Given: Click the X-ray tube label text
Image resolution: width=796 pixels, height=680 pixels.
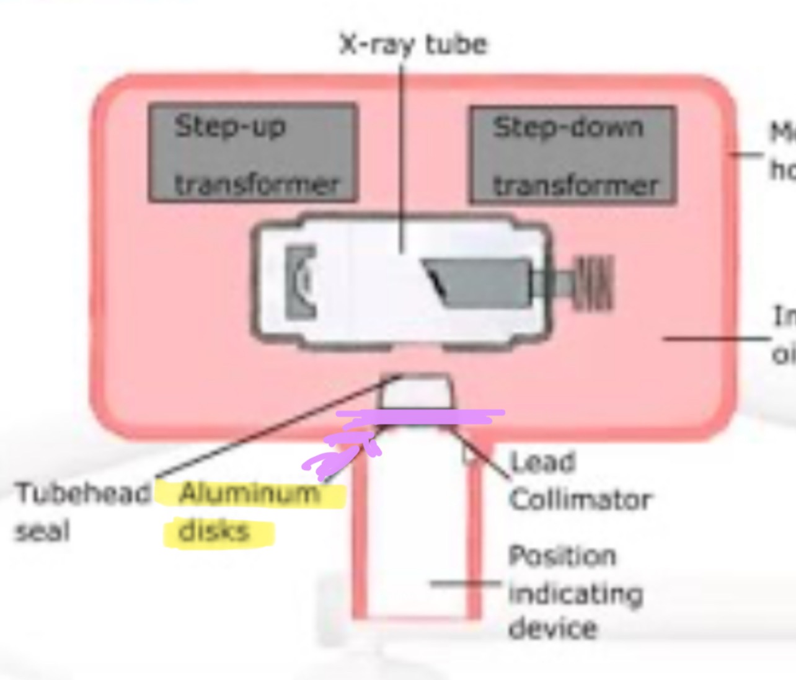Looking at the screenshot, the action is pos(413,45).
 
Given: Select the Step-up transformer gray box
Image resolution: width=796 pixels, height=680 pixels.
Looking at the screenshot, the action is pos(253,153).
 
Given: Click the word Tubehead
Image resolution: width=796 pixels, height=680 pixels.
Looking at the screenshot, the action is pos(82,494).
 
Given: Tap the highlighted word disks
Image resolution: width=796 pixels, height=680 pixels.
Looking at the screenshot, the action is pos(214,532).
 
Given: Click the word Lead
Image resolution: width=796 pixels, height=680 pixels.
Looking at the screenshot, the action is pos(542,462).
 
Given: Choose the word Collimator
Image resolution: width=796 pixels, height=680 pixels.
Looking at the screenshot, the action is pos(580,500).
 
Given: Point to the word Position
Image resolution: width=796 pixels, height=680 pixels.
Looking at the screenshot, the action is pos(562,556).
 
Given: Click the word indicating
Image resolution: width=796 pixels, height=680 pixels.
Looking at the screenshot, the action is pos(575,594).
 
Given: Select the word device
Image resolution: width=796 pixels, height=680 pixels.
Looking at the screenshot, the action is pos(552,629).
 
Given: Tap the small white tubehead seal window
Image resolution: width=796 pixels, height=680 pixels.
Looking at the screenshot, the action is pos(417,392).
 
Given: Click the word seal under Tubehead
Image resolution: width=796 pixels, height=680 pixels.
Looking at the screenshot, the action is pos(42,532).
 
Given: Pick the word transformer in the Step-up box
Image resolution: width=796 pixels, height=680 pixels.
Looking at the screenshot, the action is pos(257,185).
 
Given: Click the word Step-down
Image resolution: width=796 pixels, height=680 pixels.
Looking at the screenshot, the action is pos(568,128).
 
